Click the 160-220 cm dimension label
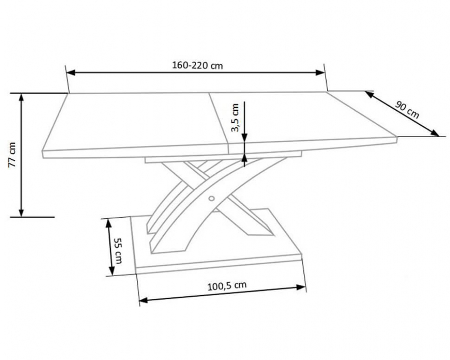coord(197,65)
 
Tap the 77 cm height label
coord(12,155)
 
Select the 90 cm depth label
coord(407,110)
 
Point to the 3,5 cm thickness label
coord(235,118)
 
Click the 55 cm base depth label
coord(117,251)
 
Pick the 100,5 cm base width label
coord(227,286)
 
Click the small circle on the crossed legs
coord(212,198)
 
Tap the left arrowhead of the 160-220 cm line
coord(70,72)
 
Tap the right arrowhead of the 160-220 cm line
coord(320,72)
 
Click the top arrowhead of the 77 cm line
coord(21,98)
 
